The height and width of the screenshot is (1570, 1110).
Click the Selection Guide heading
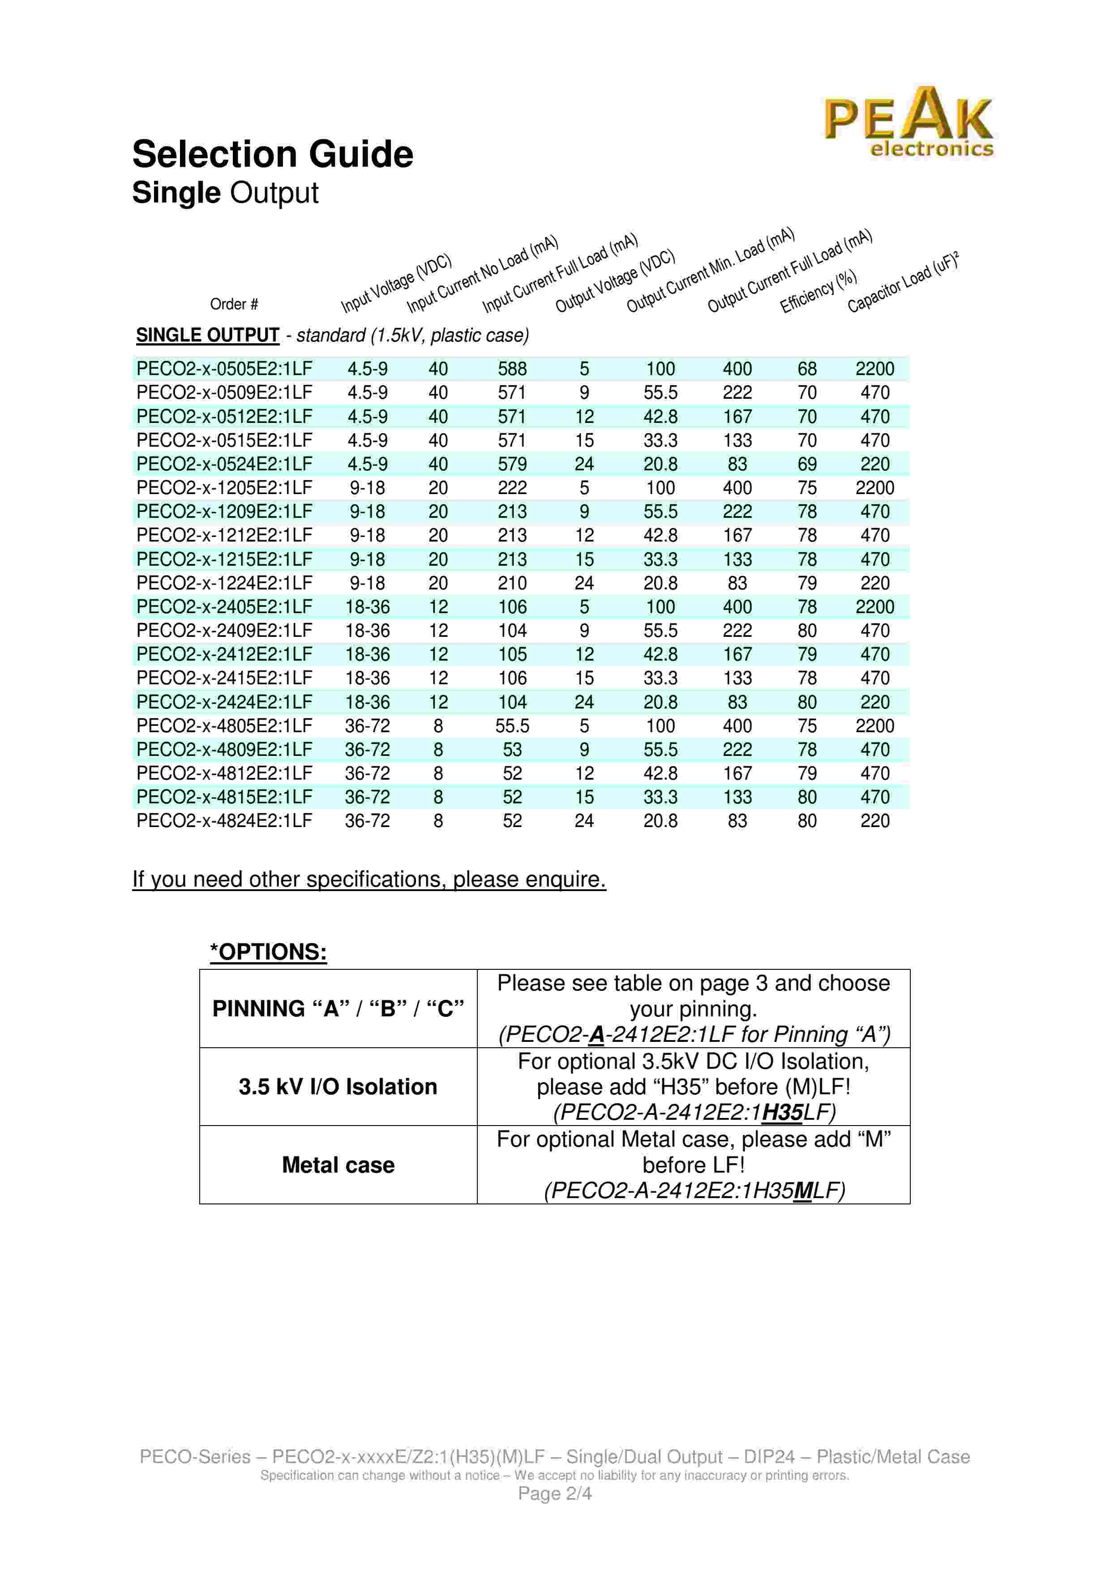(272, 154)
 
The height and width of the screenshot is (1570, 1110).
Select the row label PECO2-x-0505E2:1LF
(224, 369)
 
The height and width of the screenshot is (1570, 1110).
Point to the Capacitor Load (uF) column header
(903, 282)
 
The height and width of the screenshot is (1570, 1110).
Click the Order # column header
(234, 304)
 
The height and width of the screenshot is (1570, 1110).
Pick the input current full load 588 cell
(512, 369)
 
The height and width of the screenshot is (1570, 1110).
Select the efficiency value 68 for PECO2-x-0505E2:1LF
(807, 369)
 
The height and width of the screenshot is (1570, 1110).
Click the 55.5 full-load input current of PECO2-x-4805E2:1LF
(512, 726)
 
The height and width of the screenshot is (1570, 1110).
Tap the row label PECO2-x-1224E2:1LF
(224, 583)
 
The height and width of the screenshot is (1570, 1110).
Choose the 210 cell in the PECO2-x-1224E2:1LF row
(512, 583)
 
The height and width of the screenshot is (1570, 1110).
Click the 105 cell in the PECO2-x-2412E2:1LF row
(512, 654)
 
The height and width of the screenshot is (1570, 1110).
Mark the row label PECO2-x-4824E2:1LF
(224, 821)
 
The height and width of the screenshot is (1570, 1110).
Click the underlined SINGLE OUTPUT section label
(207, 336)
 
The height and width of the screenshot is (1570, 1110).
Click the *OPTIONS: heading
(268, 952)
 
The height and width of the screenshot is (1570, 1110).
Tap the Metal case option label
(338, 1165)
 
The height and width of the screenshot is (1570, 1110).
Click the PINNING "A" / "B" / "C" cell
(338, 1009)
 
